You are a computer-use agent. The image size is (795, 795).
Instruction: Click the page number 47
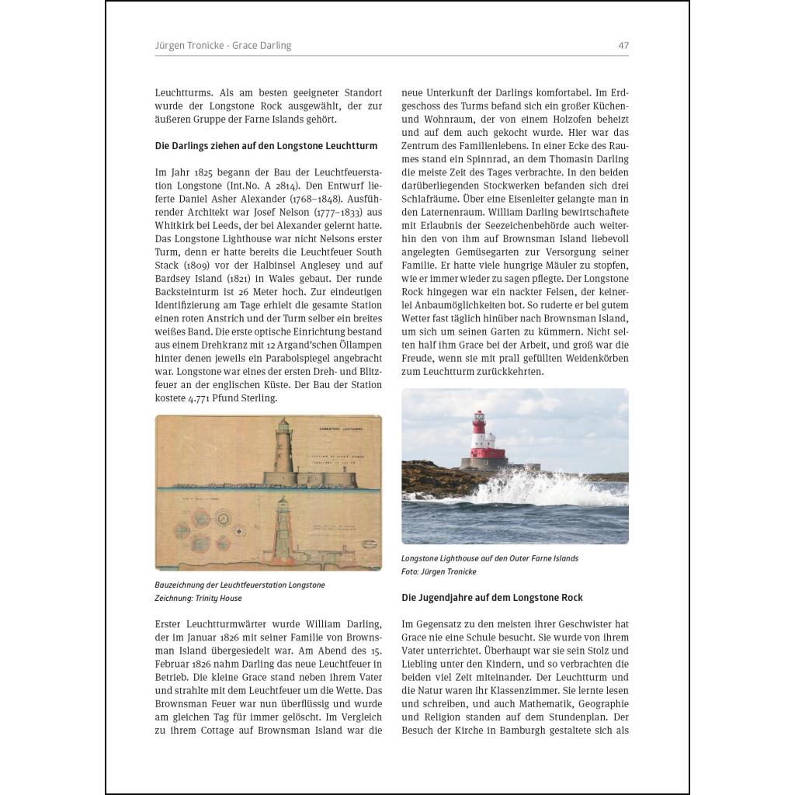(x=623, y=46)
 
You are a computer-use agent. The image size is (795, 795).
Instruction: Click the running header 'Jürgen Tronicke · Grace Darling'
(x=223, y=46)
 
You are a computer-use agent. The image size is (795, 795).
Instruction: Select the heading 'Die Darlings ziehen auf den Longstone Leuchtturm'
(x=266, y=145)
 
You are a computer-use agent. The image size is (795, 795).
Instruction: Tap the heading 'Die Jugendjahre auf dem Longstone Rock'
(x=492, y=598)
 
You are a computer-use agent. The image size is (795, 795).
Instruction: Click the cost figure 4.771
(x=200, y=398)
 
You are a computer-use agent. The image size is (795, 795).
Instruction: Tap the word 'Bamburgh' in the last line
(x=528, y=731)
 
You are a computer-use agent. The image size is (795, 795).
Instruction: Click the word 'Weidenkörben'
(x=592, y=358)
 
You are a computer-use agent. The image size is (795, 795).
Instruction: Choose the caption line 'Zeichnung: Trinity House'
(x=199, y=599)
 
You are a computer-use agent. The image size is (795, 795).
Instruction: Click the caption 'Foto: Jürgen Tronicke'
(x=439, y=571)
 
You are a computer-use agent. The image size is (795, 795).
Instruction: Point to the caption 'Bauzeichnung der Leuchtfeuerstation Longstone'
(x=240, y=585)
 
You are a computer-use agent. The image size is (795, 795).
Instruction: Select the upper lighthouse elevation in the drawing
(x=284, y=454)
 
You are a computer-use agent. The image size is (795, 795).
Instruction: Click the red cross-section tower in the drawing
(x=283, y=527)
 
